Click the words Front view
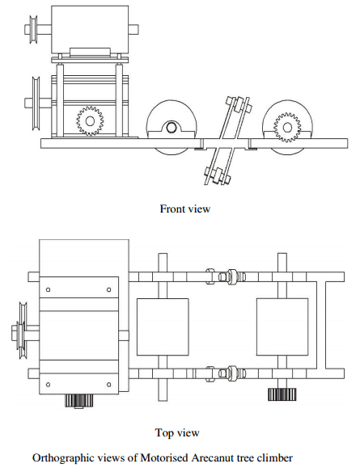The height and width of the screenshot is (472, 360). pyautogui.click(x=185, y=209)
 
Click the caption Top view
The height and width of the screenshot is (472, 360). pyautogui.click(x=177, y=432)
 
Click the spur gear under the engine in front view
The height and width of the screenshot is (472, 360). pyautogui.click(x=90, y=121)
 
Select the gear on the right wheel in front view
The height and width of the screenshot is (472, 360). pyautogui.click(x=287, y=127)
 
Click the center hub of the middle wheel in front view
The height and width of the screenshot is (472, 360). pyautogui.click(x=172, y=128)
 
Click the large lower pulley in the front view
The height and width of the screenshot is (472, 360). pyautogui.click(x=36, y=103)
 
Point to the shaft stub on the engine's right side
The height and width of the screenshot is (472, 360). pyautogui.click(x=133, y=29)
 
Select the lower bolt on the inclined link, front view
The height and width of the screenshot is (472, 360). pyautogui.click(x=218, y=175)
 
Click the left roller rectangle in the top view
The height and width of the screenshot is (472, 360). pyautogui.click(x=163, y=327)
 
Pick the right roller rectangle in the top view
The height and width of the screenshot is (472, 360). pyautogui.click(x=282, y=327)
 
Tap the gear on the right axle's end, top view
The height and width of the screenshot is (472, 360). pyautogui.click(x=282, y=394)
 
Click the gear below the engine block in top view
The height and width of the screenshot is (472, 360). pyautogui.click(x=79, y=401)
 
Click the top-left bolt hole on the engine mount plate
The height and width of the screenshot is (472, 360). pyautogui.click(x=48, y=290)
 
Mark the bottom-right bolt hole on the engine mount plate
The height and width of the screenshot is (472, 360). pyautogui.click(x=108, y=385)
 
